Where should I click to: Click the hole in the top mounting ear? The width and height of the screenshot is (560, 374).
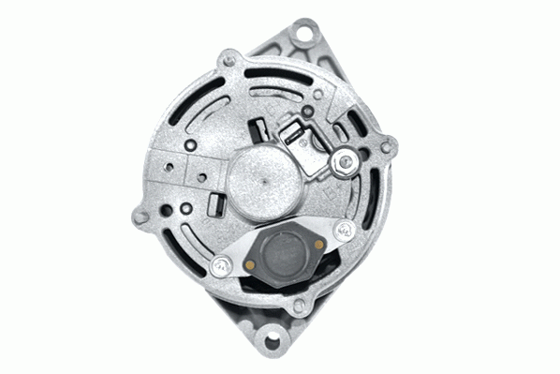[x=301, y=35]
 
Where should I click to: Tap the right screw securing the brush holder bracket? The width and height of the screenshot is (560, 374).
[x=345, y=229]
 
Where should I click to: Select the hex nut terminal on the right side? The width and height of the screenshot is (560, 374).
[x=346, y=162]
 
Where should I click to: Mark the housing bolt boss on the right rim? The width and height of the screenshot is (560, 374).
[x=388, y=145]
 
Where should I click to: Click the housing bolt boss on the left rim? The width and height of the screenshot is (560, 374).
[x=141, y=217]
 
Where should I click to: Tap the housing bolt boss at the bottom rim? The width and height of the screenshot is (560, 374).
[x=298, y=304]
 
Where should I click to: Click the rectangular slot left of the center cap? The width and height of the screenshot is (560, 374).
[x=214, y=202]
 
